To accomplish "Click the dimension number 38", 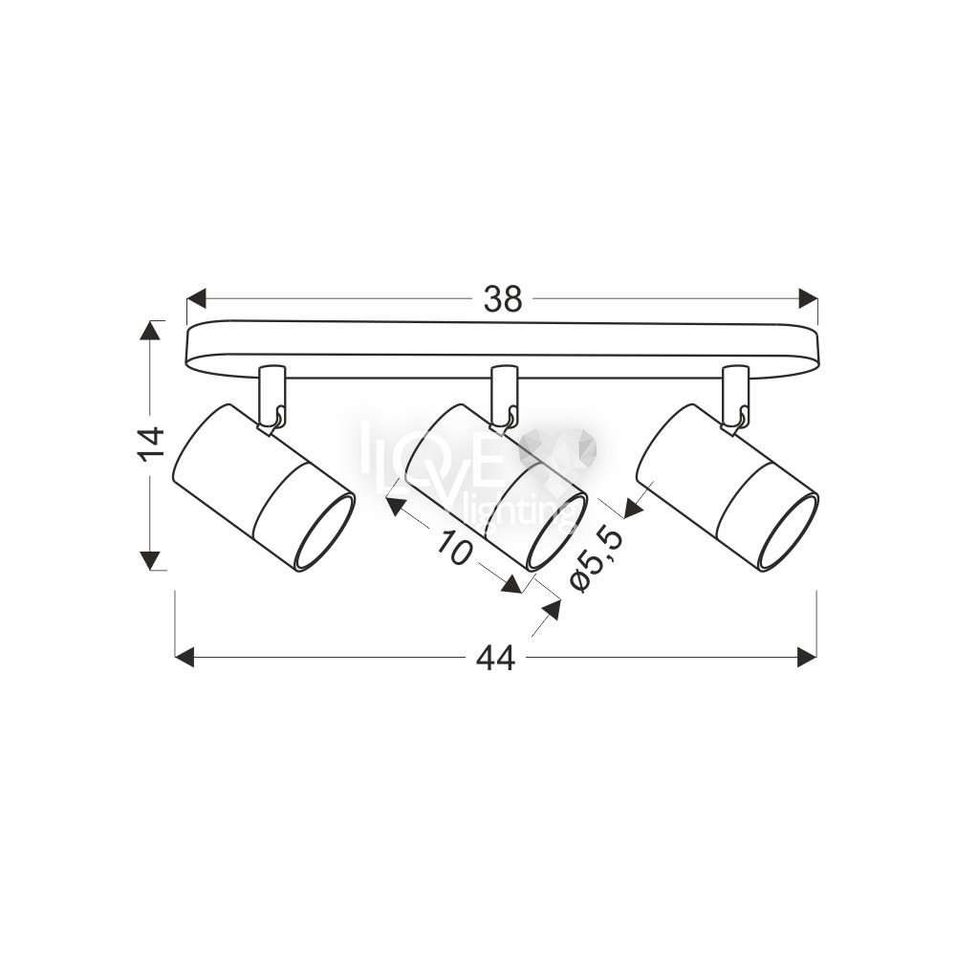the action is click(x=503, y=299).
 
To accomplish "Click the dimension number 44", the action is click(x=495, y=658).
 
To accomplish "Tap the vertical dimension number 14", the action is click(x=152, y=444).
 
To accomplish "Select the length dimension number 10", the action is click(x=454, y=548).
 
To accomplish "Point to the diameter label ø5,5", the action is click(x=597, y=559).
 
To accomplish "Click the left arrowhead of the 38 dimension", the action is click(x=195, y=299).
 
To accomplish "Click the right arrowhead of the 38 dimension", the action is click(x=809, y=299).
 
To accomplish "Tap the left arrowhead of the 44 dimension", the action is click(x=185, y=658).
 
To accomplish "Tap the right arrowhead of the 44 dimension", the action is click(x=807, y=658).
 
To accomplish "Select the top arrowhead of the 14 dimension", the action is click(x=150, y=329).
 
